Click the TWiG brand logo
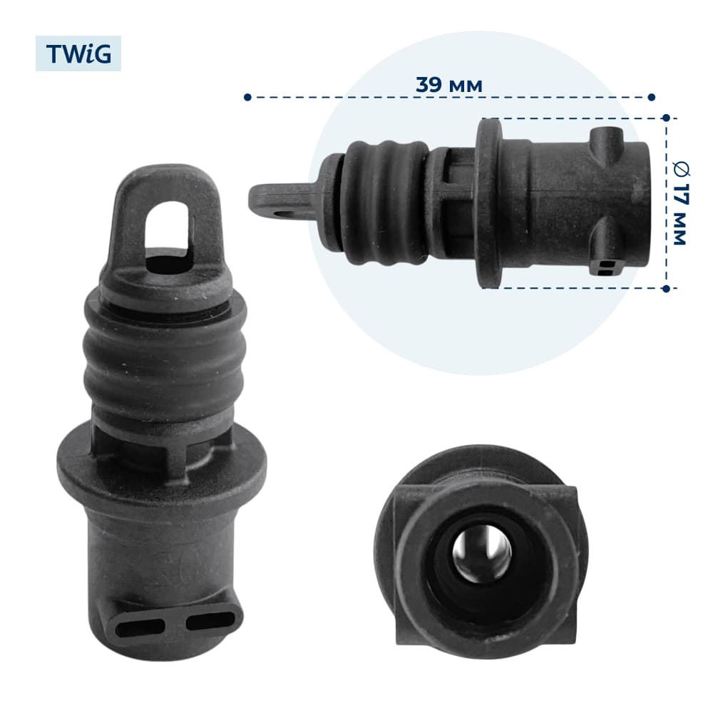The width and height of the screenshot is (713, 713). click(78, 53)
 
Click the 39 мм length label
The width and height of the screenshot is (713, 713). click(448, 85)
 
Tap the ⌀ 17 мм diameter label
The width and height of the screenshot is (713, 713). click(681, 203)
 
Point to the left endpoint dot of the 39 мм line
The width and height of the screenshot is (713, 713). click(247, 97)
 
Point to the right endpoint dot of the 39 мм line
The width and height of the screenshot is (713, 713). click(651, 97)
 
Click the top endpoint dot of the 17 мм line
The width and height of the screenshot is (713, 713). click(666, 118)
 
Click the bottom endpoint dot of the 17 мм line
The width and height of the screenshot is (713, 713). click(666, 288)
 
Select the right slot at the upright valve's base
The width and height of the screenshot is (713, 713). click(211, 620)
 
